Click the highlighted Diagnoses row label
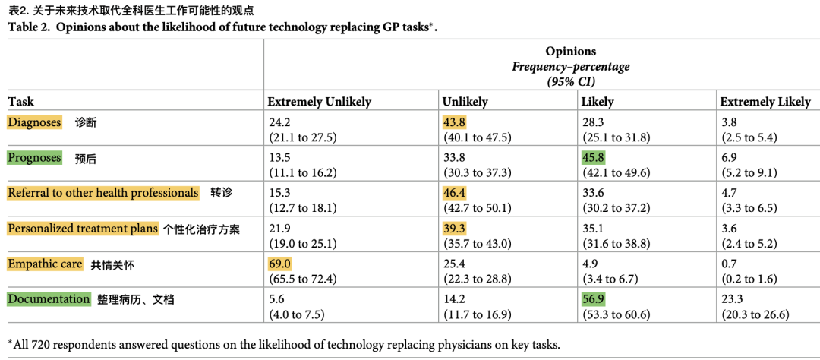pyautogui.click(x=35, y=122)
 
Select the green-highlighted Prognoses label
pyautogui.click(x=34, y=157)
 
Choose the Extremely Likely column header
pyautogui.click(x=765, y=102)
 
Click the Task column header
pyautogui.click(x=21, y=102)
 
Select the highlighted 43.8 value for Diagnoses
pyautogui.click(x=455, y=122)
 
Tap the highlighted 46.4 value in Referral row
pyautogui.click(x=455, y=193)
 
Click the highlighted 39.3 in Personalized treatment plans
pyautogui.click(x=455, y=228)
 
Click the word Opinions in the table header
pyautogui.click(x=570, y=52)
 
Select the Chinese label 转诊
pyautogui.click(x=221, y=193)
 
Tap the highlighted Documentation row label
pyautogui.click(x=49, y=299)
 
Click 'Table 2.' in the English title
pyautogui.click(x=30, y=27)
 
